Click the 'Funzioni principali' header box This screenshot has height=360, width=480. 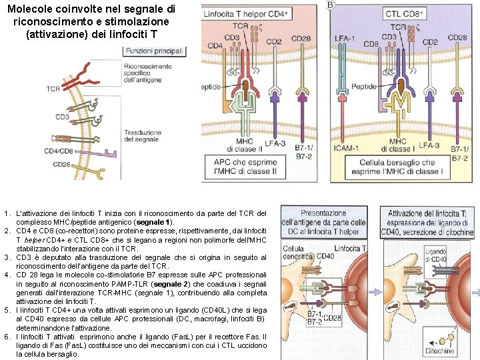(158, 51)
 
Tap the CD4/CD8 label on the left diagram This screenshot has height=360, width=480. (60, 151)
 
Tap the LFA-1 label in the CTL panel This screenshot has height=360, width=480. (345, 38)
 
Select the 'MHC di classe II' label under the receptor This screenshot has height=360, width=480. (245, 145)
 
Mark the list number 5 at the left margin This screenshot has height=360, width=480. (5, 310)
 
